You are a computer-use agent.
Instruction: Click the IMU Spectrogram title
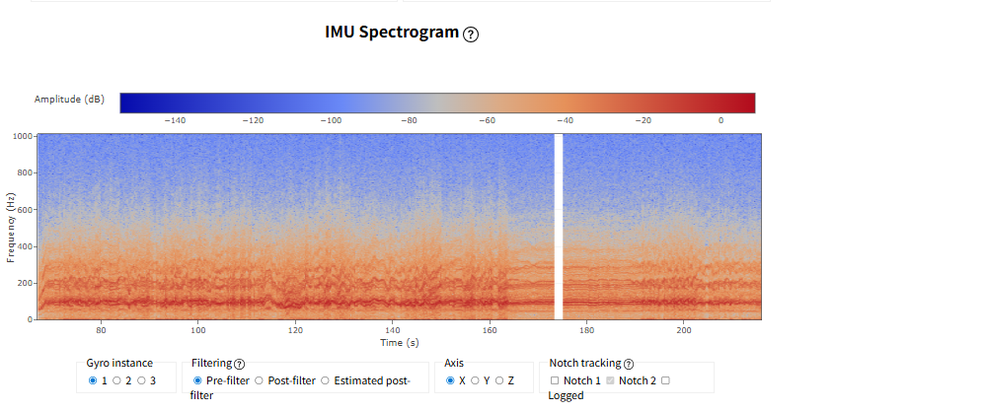(392, 32)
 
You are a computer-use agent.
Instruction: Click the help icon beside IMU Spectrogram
(471, 34)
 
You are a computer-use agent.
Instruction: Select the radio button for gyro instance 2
(116, 380)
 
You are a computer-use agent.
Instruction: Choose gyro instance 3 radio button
(141, 380)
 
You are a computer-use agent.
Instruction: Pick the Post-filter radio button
(259, 380)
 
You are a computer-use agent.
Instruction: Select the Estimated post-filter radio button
(325, 380)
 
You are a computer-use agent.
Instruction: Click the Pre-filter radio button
(197, 380)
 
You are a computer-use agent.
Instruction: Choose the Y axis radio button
(475, 380)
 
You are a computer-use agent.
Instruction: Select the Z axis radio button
(499, 380)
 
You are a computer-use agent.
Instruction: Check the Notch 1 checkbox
(555, 380)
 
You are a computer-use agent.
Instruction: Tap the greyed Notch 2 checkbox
(610, 380)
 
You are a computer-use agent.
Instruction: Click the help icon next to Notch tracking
(628, 364)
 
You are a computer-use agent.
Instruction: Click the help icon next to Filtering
(239, 364)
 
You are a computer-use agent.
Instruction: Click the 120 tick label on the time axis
(295, 330)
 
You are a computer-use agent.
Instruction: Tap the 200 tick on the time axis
(684, 330)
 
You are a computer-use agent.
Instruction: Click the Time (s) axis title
(400, 343)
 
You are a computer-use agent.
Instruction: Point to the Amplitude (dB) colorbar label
(69, 100)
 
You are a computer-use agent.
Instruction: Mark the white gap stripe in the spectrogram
(558, 227)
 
